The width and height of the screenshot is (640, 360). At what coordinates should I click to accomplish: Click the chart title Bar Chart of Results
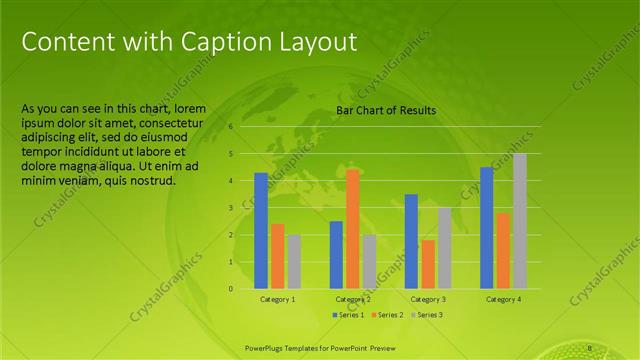(385, 110)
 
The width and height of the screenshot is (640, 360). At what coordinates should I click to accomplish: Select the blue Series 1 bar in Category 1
(261, 231)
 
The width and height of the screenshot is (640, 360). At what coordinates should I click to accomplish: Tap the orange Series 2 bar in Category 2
(352, 229)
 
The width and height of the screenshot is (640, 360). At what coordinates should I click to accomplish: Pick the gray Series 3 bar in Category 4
(519, 221)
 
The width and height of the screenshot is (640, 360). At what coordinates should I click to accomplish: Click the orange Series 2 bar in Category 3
(428, 264)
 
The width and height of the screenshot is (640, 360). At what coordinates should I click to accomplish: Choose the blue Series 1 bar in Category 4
(486, 228)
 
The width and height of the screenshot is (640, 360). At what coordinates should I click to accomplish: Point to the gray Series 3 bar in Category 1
(294, 262)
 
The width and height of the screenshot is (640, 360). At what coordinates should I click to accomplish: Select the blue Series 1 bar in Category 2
(336, 255)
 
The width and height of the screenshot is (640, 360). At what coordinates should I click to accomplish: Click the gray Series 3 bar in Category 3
(444, 248)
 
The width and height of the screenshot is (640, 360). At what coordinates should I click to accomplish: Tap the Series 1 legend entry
(348, 315)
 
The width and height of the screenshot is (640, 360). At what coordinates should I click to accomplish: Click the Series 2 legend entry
(387, 315)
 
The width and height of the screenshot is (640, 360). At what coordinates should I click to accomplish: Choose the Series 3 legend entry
(426, 315)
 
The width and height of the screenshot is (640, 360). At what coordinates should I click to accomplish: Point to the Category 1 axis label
(277, 299)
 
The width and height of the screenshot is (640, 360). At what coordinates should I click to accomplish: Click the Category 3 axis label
(428, 299)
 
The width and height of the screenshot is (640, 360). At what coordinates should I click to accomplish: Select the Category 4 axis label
(503, 299)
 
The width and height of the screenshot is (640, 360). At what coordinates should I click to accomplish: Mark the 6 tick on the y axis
(230, 127)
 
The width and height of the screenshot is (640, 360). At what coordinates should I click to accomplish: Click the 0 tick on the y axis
(230, 289)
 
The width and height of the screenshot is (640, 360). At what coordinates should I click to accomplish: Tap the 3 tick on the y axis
(230, 208)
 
